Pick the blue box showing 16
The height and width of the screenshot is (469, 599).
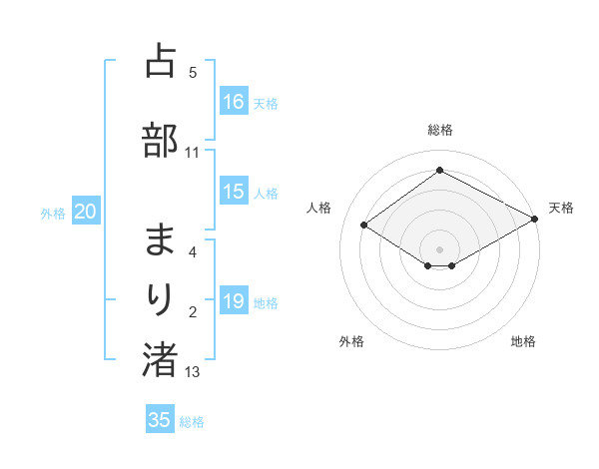pos(234,102)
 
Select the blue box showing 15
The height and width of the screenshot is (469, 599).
pos(234,193)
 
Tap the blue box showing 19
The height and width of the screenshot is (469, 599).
pos(234,302)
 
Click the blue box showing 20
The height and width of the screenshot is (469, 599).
pos(86,212)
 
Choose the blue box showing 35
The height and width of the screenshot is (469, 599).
pos(160,420)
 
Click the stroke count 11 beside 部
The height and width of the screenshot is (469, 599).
pos(192,153)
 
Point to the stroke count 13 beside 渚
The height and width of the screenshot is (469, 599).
pos(193,372)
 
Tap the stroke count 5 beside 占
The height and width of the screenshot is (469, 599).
pos(193,72)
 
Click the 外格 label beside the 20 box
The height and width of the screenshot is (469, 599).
pos(53,213)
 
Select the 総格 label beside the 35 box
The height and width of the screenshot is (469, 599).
pos(192,421)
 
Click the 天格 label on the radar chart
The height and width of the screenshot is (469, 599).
pos(561,208)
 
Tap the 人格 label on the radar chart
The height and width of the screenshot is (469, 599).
pos(319,208)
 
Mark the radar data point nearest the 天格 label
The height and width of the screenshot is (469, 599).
pos(536,219)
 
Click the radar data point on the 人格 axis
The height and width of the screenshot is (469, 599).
pos(364,226)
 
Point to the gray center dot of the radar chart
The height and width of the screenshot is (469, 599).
pos(439,248)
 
